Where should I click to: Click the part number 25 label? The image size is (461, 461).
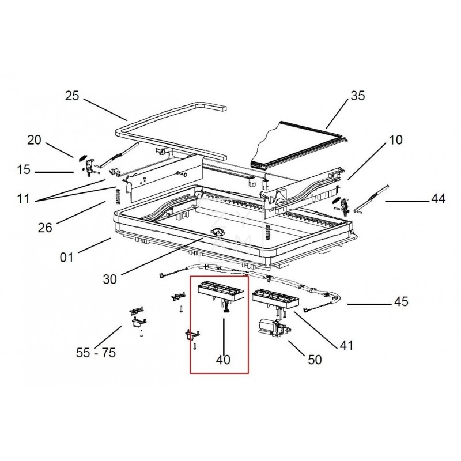click(x=72, y=96)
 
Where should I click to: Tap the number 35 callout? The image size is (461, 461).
click(x=357, y=96)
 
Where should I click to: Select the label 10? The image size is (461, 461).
click(x=395, y=140)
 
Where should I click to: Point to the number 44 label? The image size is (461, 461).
click(x=439, y=199)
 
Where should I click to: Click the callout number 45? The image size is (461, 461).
click(x=401, y=301)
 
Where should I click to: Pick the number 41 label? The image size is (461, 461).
click(x=346, y=345)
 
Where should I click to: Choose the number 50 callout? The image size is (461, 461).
click(x=315, y=360)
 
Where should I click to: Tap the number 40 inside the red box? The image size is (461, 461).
click(x=223, y=360)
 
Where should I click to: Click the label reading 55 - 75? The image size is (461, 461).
click(x=96, y=353)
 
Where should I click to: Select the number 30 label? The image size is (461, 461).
click(x=110, y=279)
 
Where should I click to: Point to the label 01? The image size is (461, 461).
click(x=66, y=258)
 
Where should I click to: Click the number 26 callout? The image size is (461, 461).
click(x=45, y=228)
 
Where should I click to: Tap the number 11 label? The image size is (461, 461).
click(x=24, y=199)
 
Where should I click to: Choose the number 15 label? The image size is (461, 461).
click(x=24, y=169)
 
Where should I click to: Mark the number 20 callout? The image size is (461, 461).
click(x=34, y=140)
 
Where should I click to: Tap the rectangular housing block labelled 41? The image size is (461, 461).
click(x=275, y=299)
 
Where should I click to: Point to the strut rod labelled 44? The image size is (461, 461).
click(x=372, y=198)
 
